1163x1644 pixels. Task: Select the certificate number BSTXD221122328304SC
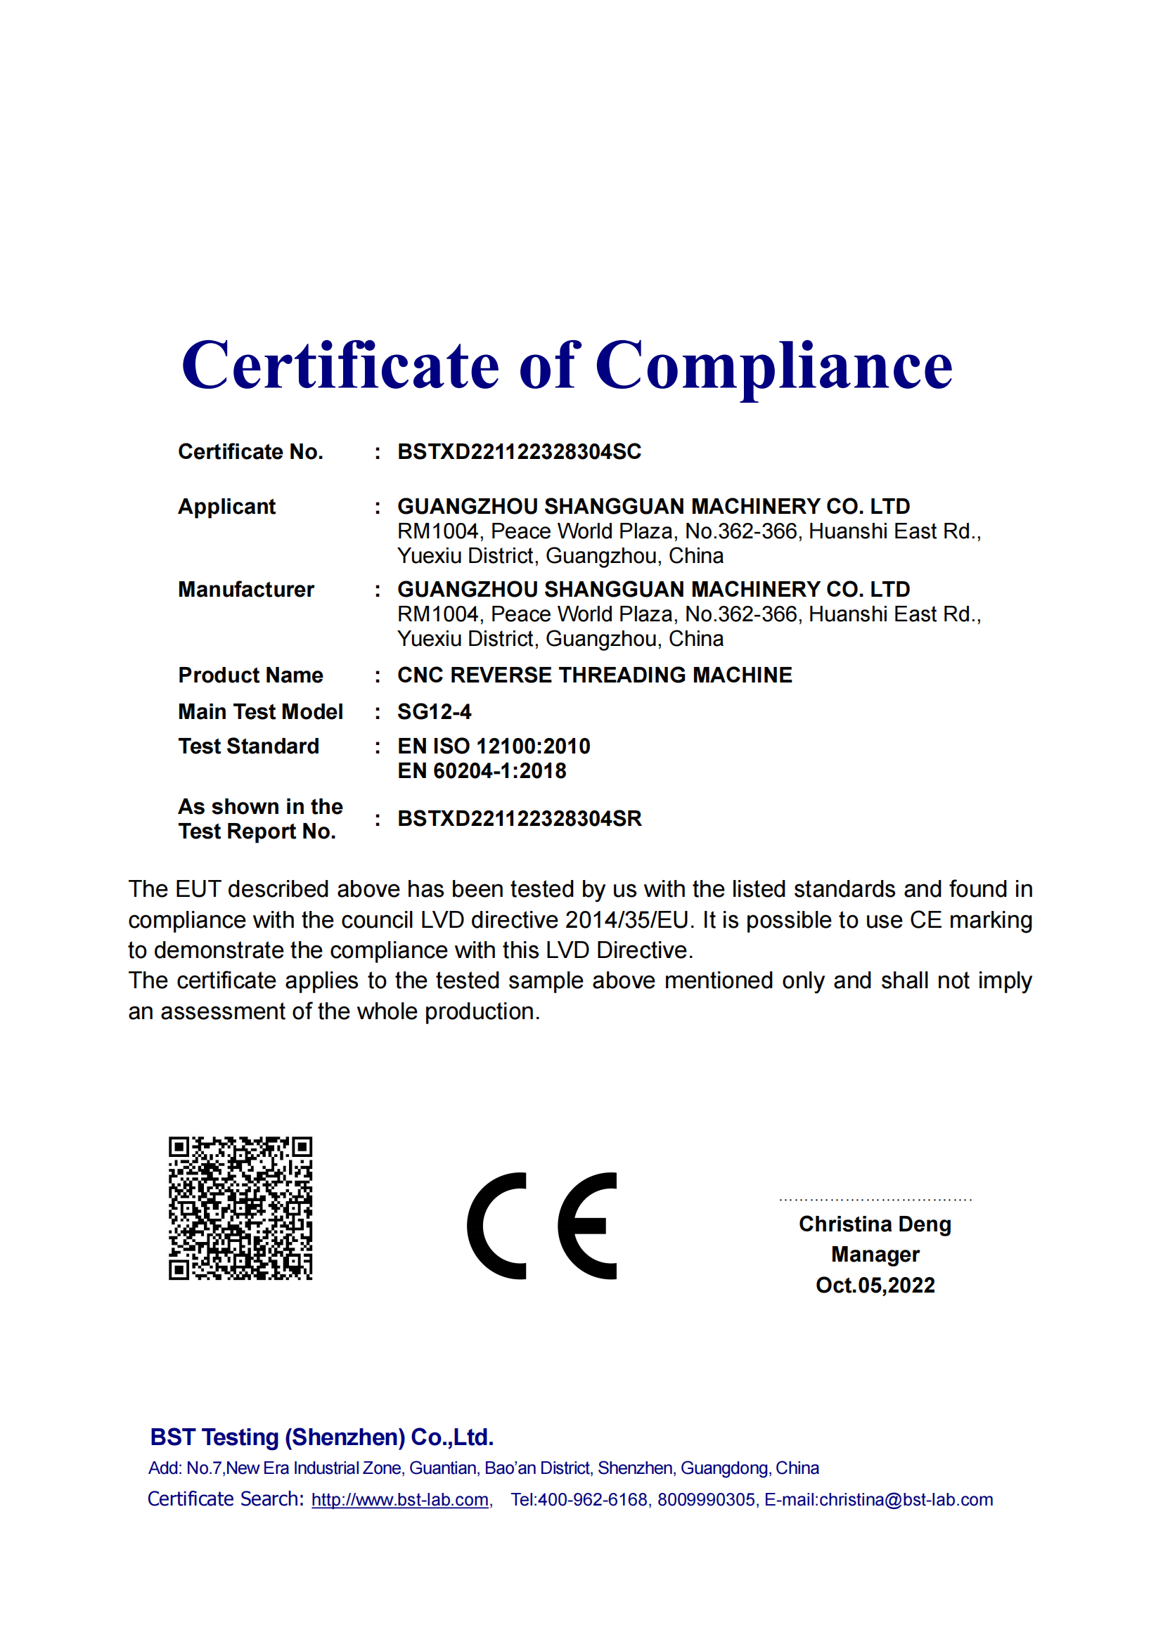pos(519,452)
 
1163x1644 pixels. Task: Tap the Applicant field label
pos(226,506)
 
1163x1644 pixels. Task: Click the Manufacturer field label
pos(245,589)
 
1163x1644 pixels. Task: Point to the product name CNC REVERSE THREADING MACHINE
pos(594,675)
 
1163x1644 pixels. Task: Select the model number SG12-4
pos(434,712)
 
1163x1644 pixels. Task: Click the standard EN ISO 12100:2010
pos(494,746)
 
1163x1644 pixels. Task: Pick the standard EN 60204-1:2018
pos(481,771)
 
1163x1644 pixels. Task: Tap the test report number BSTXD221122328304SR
pos(519,818)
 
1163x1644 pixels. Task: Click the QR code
pos(240,1208)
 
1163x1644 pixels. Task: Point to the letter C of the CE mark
pos(497,1226)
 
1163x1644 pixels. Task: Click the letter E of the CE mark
pos(588,1226)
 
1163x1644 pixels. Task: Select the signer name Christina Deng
pos(875,1224)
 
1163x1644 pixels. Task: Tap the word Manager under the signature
pos(875,1255)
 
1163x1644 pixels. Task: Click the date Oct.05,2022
pos(875,1286)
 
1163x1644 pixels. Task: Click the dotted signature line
pos(875,1199)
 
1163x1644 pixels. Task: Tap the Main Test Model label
pos(261,712)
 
